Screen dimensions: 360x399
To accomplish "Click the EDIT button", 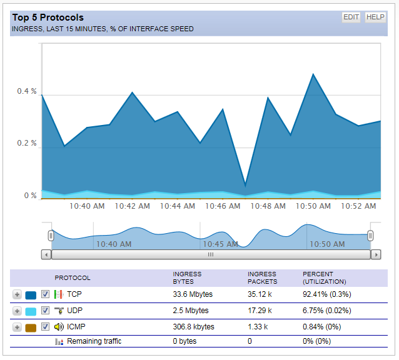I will (x=351, y=17).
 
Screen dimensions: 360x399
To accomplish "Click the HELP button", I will (x=375, y=17).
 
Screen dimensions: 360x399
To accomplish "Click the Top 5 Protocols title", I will (x=48, y=17).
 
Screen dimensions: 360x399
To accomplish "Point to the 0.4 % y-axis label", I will (x=27, y=91).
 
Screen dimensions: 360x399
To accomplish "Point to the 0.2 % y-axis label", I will (x=27, y=143).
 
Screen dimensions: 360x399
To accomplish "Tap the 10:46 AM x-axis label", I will (x=222, y=206).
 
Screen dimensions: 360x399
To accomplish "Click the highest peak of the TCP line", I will (x=313, y=74).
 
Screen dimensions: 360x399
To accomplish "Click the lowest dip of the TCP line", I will (x=245, y=185).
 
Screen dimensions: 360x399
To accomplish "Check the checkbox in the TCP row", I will (x=45, y=294).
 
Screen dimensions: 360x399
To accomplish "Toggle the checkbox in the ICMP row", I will (x=45, y=326).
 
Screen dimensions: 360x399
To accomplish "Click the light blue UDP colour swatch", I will (x=31, y=311).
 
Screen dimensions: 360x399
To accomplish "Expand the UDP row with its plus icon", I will (x=17, y=311).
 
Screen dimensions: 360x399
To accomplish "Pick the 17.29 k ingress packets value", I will (x=260, y=310).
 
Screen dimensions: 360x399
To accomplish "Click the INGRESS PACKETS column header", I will (x=262, y=278).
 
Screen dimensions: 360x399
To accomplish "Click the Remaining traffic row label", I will (x=94, y=341).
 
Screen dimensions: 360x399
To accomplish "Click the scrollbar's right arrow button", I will (x=376, y=254).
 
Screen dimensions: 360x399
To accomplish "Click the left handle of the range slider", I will (x=51, y=236).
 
